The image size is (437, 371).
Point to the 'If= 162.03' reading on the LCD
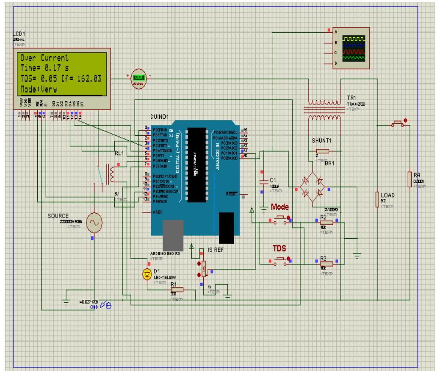[85, 78]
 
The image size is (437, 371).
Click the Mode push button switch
[280, 218]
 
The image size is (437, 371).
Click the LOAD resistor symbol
[376, 199]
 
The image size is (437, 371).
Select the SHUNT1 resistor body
[323, 151]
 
